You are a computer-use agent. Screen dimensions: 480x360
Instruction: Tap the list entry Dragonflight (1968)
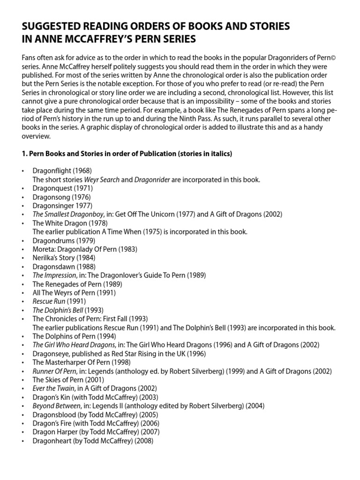[62, 171]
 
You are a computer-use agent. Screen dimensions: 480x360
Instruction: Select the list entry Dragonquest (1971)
[62, 188]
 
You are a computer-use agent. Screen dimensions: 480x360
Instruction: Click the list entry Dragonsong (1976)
[61, 197]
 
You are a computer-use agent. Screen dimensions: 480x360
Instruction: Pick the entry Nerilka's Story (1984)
[63, 258]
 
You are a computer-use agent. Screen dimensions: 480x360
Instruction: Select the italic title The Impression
[54, 275]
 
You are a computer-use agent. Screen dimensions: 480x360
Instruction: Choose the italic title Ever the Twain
[53, 388]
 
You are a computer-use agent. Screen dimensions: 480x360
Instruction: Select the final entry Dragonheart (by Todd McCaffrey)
[93, 441]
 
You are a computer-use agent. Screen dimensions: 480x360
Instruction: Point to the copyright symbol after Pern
[334, 57]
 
